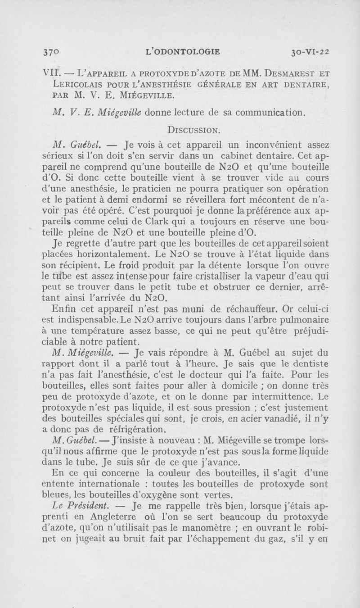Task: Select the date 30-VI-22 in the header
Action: pyautogui.click(x=310, y=51)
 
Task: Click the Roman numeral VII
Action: pyautogui.click(x=53, y=73)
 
